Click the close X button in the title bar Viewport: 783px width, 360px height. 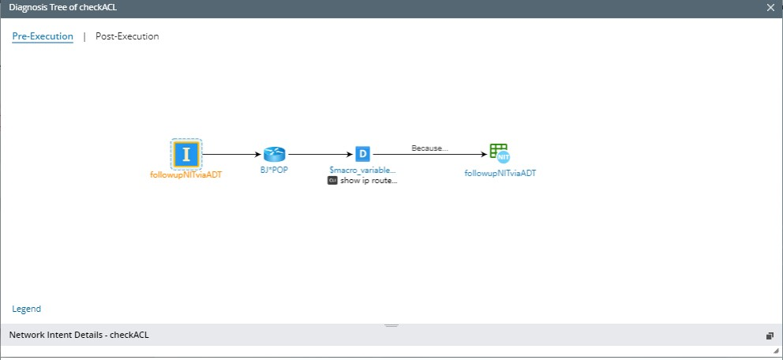pos(770,7)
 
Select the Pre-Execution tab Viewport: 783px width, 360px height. pos(43,36)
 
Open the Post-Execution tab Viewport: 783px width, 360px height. pos(127,36)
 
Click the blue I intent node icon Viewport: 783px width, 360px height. pos(186,154)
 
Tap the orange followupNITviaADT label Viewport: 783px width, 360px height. pos(186,174)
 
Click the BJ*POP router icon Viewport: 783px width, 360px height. pos(275,154)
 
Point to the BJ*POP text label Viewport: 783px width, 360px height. pos(275,170)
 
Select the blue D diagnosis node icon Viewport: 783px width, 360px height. pos(362,154)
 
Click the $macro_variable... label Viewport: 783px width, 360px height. pos(362,170)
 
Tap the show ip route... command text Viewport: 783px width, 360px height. pos(369,180)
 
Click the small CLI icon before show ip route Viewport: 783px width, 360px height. pos(332,180)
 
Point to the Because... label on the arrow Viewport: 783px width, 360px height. pos(429,148)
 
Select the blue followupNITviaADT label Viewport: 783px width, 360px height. pos(500,173)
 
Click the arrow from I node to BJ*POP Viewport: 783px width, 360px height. pos(232,155)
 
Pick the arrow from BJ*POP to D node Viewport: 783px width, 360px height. pos(319,155)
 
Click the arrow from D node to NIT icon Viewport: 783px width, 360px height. pos(429,155)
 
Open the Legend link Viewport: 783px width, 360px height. pos(27,309)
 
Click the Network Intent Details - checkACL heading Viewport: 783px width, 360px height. pos(79,335)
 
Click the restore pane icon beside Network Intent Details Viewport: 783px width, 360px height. pos(770,336)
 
